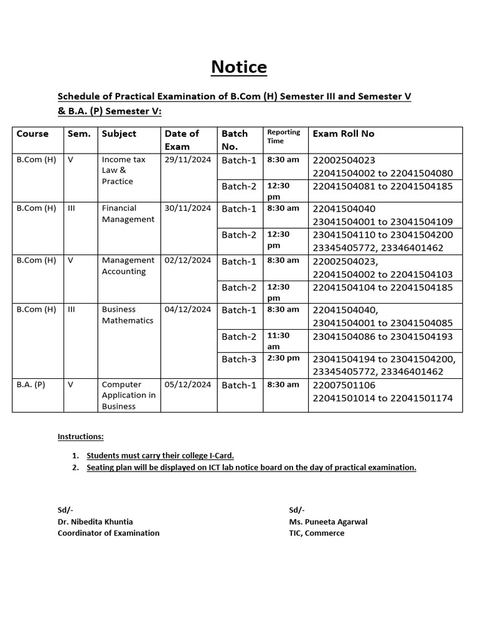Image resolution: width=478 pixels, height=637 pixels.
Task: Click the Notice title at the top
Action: [x=239, y=67]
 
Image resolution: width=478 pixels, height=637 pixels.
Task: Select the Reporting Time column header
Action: [x=283, y=136]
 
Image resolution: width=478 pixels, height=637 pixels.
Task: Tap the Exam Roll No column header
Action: [x=344, y=134]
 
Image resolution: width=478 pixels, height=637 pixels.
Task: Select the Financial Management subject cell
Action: [x=128, y=214]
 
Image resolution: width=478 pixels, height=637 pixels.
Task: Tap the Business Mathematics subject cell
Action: [x=127, y=315]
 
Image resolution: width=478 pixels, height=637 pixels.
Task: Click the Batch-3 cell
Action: [x=239, y=359]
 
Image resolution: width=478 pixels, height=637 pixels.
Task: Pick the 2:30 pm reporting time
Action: [x=283, y=358]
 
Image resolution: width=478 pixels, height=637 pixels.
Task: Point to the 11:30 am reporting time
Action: [x=278, y=341]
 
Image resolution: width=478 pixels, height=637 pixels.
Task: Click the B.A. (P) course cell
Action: [x=31, y=385]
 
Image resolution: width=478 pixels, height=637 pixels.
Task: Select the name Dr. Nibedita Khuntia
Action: [x=95, y=522]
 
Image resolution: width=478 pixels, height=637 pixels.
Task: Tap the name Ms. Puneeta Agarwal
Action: [x=328, y=522]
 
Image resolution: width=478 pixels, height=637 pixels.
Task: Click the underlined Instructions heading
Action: [x=81, y=437]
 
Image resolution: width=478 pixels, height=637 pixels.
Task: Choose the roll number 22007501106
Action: [x=344, y=386]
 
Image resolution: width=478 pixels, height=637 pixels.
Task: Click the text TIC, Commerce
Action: [x=316, y=533]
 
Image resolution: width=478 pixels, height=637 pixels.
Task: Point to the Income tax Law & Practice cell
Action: [x=123, y=170]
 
